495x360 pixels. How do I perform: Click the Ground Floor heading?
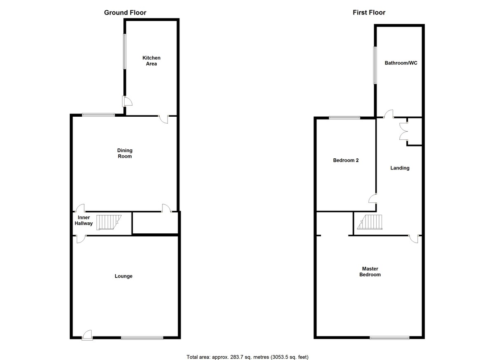pos(125,13)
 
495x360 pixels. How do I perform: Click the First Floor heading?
pos(369,13)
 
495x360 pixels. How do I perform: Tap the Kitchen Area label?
pos(151,61)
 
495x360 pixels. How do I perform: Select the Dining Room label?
pos(125,153)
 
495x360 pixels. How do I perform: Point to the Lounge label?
pos(123,276)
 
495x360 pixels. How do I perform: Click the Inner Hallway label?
pos(83,221)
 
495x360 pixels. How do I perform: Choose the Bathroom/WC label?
pos(401,63)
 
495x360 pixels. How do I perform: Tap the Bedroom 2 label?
pos(346,160)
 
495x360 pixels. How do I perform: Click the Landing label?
pos(400,168)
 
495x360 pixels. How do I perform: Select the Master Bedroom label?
pos(370,272)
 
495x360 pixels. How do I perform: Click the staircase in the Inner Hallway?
pos(109,222)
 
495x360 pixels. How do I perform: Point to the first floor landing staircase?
pos(370,222)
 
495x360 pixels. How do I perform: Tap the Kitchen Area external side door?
pos(127,101)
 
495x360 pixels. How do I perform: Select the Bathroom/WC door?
pos(389,114)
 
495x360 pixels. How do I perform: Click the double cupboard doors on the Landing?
pos(403,132)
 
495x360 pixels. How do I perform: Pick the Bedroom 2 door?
pos(373,198)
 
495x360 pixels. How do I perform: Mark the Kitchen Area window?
pos(125,52)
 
